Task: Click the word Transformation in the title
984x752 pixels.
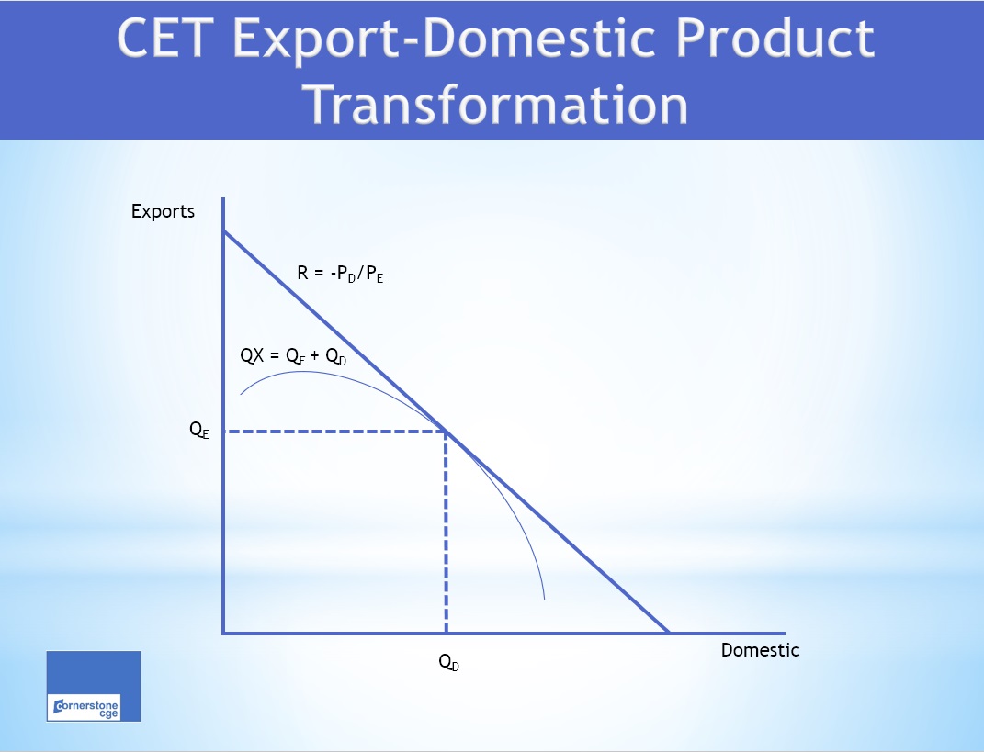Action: point(497,104)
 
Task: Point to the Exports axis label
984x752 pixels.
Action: point(163,211)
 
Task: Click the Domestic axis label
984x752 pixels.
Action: point(760,650)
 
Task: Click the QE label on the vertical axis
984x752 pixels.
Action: point(199,431)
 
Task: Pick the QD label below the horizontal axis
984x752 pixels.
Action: point(448,663)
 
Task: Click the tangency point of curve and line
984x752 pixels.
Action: point(446,431)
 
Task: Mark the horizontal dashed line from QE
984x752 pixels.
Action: point(334,431)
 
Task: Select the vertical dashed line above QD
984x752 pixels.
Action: point(446,533)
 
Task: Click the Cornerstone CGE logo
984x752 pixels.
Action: point(94,686)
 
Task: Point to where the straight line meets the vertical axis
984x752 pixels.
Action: point(223,231)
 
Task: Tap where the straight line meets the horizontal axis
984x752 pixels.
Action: point(669,633)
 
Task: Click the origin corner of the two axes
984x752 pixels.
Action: point(223,633)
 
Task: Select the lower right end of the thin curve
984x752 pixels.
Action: point(545,599)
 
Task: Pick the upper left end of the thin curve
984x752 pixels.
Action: point(241,394)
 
